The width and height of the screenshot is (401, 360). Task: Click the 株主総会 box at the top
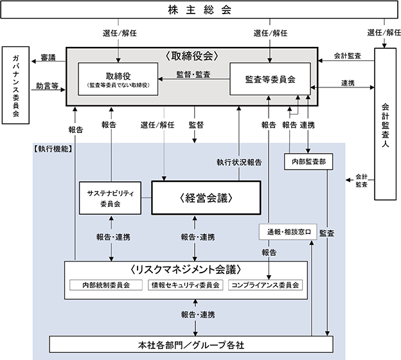pyautogui.click(x=200, y=11)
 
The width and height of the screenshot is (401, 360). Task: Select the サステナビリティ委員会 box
pyautogui.click(x=110, y=199)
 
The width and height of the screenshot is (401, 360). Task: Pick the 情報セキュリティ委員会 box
pyautogui.click(x=184, y=285)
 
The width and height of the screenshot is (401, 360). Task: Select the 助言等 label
pyautogui.click(x=46, y=85)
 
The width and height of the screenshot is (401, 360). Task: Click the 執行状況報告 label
pyautogui.click(x=238, y=163)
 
